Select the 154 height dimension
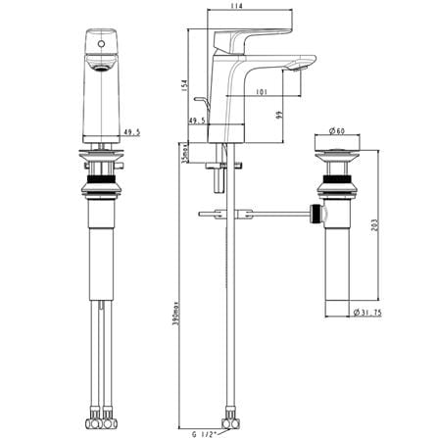(x=184, y=85)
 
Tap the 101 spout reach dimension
(x=262, y=92)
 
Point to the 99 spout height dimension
(x=279, y=115)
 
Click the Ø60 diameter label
(x=337, y=131)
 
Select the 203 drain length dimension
(x=375, y=224)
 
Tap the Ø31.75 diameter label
(x=367, y=313)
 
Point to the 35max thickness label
(x=184, y=153)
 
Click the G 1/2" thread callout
(x=205, y=434)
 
